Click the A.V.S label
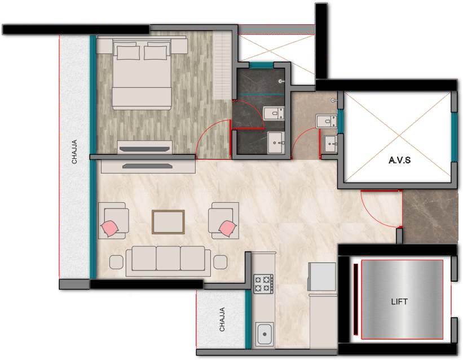coord(399,160)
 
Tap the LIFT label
coord(399,301)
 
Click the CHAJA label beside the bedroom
coord(74,152)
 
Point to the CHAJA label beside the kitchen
coord(222,319)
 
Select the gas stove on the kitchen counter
coord(263,284)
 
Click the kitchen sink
coord(264,334)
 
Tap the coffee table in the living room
coord(168,222)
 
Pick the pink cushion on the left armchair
coord(110,228)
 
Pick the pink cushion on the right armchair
coord(227,228)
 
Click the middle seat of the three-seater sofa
coord(168,259)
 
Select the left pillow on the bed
coord(129,52)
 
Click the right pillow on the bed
coord(155,52)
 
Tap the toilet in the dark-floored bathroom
coord(274,113)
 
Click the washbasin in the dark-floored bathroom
coord(276,143)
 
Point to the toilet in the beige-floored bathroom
coord(327,121)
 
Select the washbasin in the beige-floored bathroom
coord(330,144)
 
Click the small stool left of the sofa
coord(116,262)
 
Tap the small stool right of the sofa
coord(221,262)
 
